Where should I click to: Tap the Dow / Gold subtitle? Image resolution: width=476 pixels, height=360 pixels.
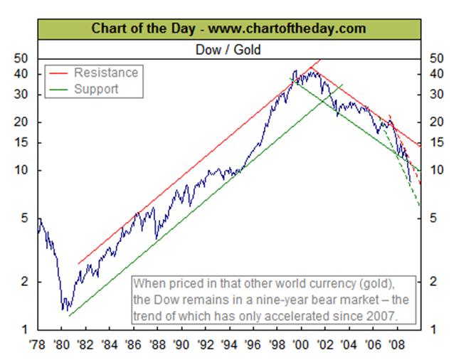tap(228, 50)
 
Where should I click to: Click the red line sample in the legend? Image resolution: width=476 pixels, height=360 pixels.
tap(59, 73)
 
